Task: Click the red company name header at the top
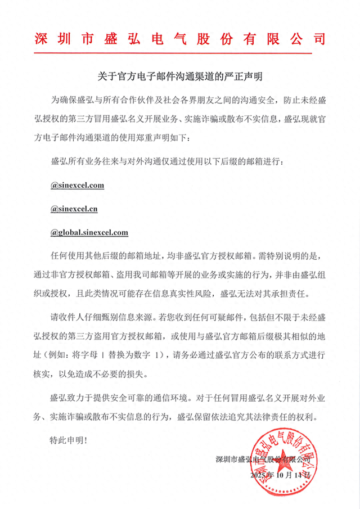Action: click(180, 39)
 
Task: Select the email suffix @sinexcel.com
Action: click(77, 184)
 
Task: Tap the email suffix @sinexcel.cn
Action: click(74, 208)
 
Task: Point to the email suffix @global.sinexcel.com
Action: click(89, 232)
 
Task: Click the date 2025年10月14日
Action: click(280, 475)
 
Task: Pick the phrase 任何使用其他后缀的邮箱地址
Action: click(105, 255)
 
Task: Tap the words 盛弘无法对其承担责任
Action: click(264, 293)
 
